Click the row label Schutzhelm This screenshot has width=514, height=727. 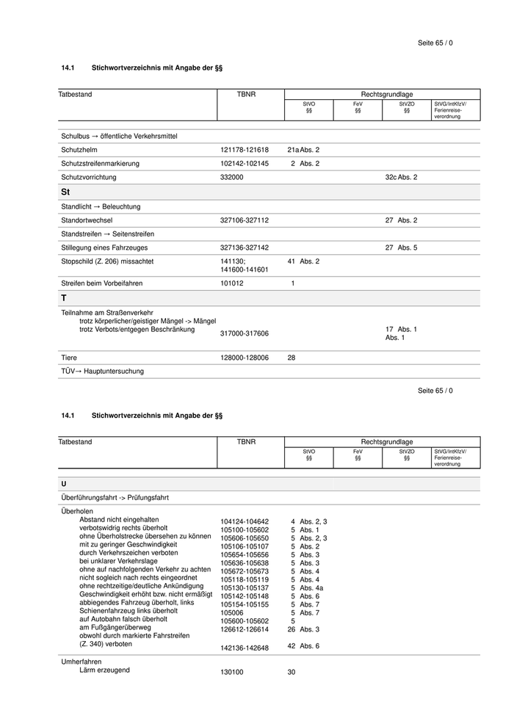tap(78, 150)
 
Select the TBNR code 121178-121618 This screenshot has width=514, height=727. tap(245, 150)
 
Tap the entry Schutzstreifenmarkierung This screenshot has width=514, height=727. tap(100, 163)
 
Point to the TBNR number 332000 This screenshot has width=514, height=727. tap(232, 177)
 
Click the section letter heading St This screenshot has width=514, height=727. tap(65, 192)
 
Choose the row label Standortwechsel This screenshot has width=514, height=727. tap(87, 220)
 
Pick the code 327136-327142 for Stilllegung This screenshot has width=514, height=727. tap(245, 247)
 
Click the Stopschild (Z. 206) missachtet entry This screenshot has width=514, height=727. tap(107, 261)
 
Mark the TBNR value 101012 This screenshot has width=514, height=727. tap(232, 283)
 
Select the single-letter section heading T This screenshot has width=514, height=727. tap(64, 298)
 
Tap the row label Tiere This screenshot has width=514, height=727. tap(69, 358)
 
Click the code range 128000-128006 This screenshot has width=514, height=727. tap(245, 358)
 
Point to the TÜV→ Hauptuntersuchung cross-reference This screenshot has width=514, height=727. tap(102, 372)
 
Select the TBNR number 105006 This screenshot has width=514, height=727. tap(232, 612)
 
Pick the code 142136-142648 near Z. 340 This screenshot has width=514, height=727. tap(245, 647)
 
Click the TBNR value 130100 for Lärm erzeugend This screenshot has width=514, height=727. tap(232, 672)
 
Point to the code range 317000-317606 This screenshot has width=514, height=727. tap(245, 333)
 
